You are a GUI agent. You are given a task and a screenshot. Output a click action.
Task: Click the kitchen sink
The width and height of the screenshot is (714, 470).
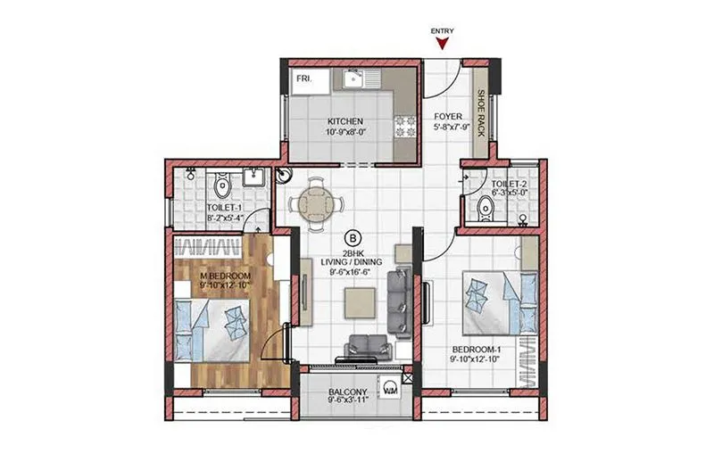[356, 80]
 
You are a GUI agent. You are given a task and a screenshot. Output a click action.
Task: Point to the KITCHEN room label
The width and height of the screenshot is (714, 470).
[345, 120]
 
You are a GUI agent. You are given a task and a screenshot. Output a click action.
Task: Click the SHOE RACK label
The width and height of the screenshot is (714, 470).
[480, 108]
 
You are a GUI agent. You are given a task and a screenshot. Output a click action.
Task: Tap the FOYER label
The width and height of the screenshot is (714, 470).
[447, 117]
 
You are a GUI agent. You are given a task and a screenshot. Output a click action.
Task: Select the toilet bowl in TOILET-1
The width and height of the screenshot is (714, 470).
[222, 186]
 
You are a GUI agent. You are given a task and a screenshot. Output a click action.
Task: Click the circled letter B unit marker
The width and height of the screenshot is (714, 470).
[353, 237]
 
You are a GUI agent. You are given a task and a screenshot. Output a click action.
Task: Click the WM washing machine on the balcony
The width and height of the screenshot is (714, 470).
[391, 390]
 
